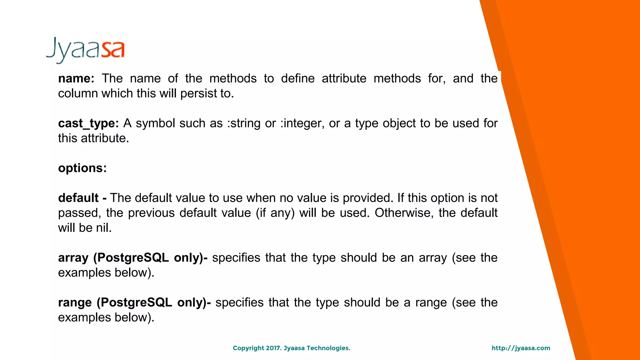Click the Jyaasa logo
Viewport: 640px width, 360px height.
pyautogui.click(x=85, y=50)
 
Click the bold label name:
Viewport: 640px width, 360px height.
pyautogui.click(x=76, y=78)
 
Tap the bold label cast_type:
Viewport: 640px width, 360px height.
pyautogui.click(x=88, y=123)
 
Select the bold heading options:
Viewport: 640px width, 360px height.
pyautogui.click(x=82, y=168)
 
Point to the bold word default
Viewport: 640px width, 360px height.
pyautogui.click(x=78, y=198)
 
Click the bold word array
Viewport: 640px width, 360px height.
pyautogui.click(x=73, y=258)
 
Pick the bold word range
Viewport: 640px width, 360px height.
pyautogui.click(x=75, y=303)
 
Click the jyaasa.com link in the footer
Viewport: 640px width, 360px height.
pyautogui.click(x=521, y=348)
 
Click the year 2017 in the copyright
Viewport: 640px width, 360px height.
pyautogui.click(x=273, y=348)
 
